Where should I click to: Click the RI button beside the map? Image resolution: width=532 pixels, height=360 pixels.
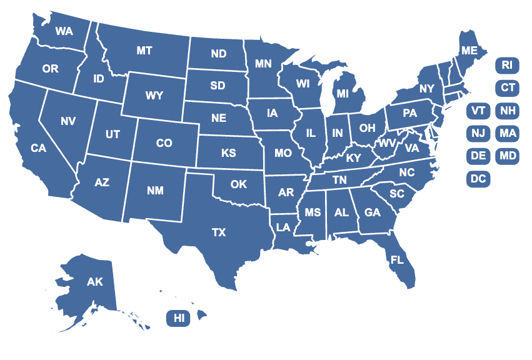click(x=506, y=64)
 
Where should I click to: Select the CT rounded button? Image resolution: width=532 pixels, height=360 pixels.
click(x=506, y=87)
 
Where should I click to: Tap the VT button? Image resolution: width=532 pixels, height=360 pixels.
click(x=478, y=111)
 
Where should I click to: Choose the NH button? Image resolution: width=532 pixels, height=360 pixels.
click(x=506, y=111)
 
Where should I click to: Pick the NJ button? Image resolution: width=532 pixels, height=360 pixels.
click(x=478, y=133)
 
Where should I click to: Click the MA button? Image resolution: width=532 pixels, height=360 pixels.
click(x=506, y=133)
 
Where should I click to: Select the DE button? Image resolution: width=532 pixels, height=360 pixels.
click(x=478, y=156)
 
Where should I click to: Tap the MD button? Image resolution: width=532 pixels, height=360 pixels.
click(x=506, y=156)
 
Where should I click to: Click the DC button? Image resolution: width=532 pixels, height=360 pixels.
click(x=478, y=179)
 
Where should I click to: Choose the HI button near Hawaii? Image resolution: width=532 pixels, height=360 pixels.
click(x=179, y=318)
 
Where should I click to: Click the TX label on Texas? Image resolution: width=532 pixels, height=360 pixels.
click(x=218, y=232)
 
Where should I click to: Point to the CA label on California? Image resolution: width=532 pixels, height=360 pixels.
click(x=39, y=148)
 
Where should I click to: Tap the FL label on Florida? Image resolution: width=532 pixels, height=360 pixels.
click(x=397, y=259)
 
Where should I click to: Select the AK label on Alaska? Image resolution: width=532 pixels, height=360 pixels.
click(x=95, y=282)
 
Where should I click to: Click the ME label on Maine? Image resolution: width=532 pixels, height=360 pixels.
click(x=468, y=50)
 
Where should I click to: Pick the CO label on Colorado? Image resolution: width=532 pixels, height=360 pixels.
click(x=164, y=143)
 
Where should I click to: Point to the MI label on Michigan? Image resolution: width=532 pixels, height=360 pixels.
click(x=342, y=94)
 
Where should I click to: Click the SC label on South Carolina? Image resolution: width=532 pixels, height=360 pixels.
click(x=397, y=194)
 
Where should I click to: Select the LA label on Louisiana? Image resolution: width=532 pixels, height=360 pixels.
click(x=284, y=226)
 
